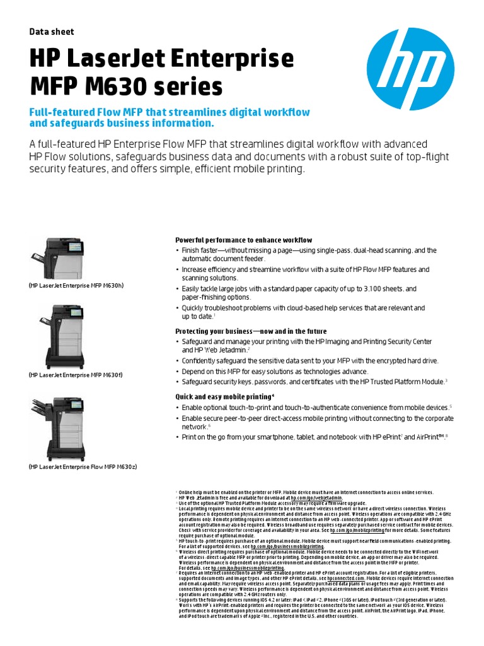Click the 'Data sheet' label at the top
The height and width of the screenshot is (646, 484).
(52, 32)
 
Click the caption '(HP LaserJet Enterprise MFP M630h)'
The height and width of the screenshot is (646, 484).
(76, 285)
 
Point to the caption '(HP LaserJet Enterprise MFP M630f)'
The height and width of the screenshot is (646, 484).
(76, 375)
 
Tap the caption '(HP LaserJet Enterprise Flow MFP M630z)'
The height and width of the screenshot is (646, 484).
(83, 466)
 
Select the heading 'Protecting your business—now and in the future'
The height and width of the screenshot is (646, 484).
(250, 331)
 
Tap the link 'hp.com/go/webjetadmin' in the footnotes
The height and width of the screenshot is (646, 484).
(311, 497)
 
